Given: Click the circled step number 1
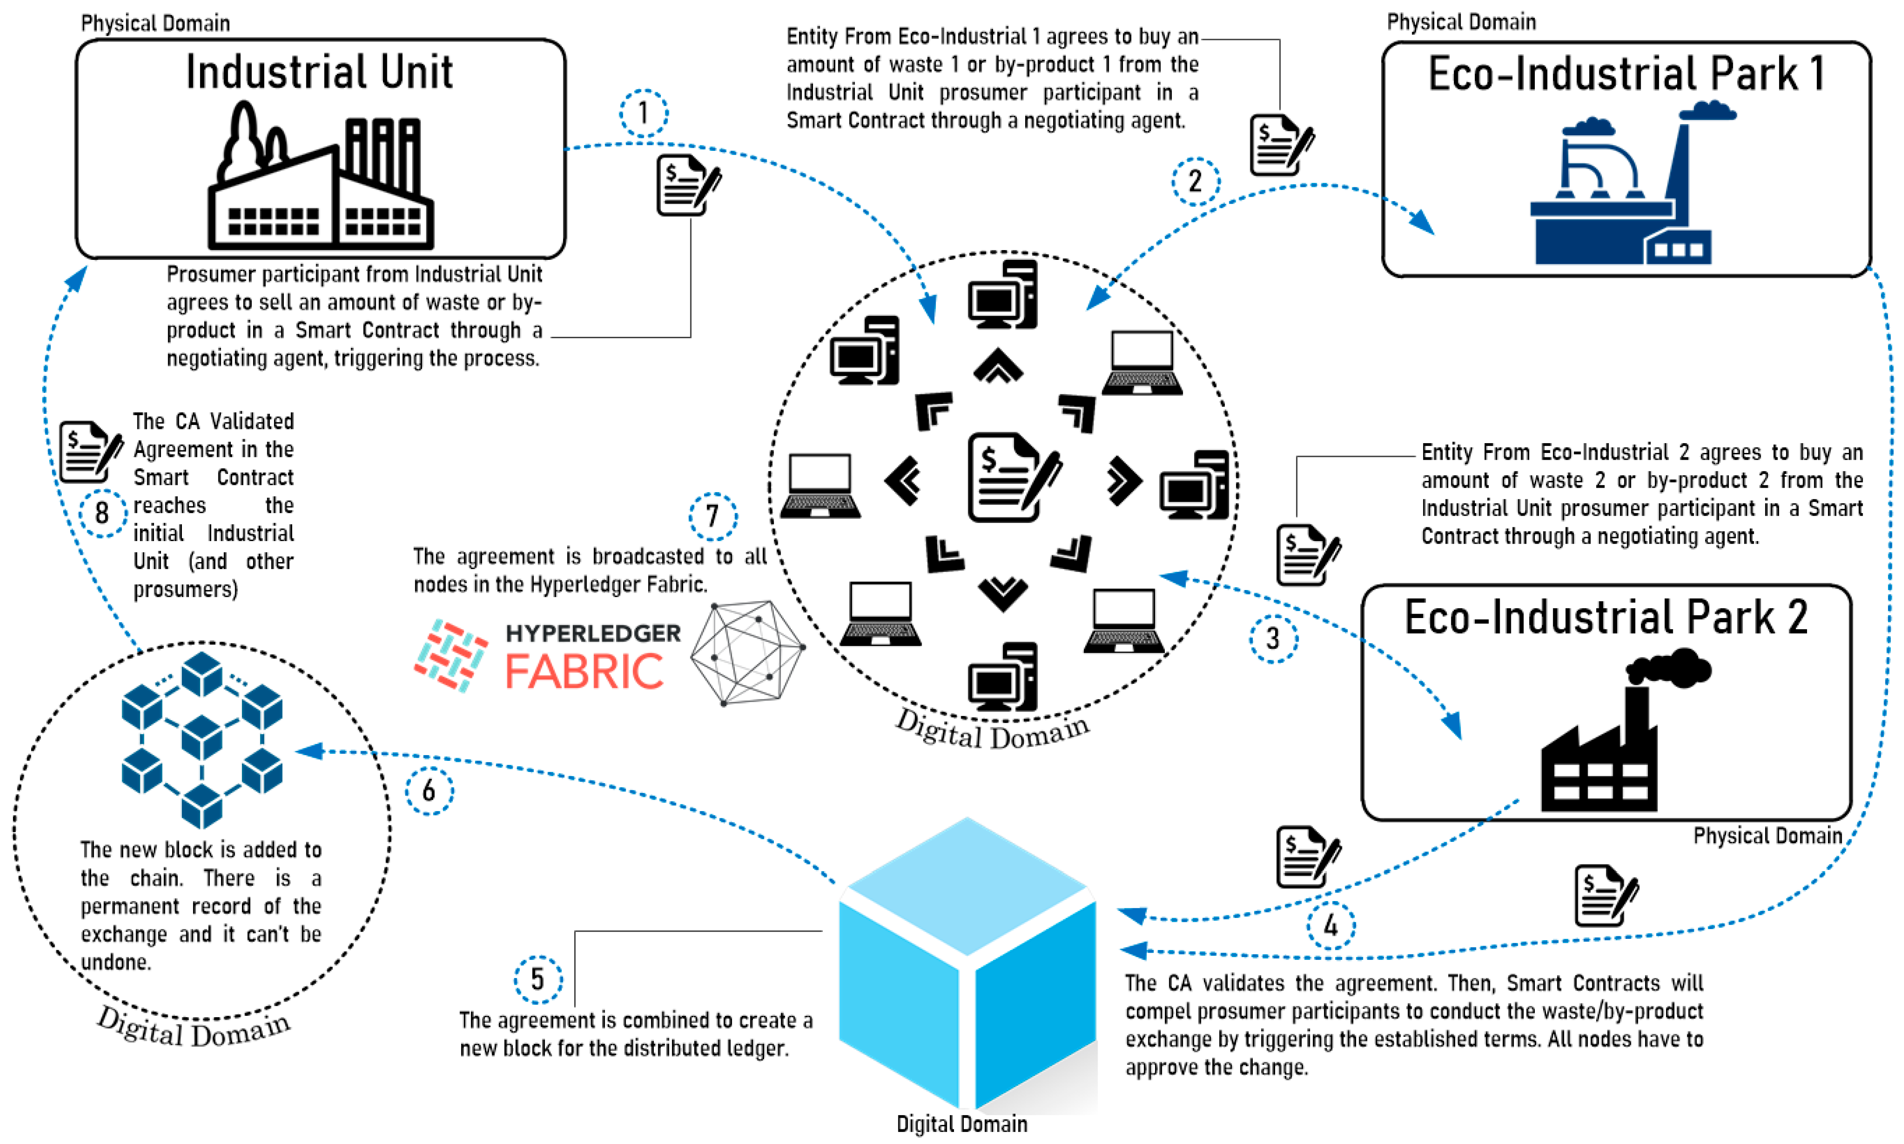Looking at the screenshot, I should pyautogui.click(x=644, y=114).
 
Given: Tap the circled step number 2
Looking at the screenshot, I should pyautogui.click(x=1195, y=182).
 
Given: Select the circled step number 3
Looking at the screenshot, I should pyautogui.click(x=1273, y=638).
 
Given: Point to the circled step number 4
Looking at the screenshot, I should pyautogui.click(x=1331, y=925).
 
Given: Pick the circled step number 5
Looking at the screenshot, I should pyautogui.click(x=538, y=980).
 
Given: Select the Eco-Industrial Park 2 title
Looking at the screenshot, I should pyautogui.click(x=1606, y=618).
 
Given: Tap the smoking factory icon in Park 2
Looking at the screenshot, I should pyautogui.click(x=1618, y=732).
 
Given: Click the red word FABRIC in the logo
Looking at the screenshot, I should pyautogui.click(x=584, y=671).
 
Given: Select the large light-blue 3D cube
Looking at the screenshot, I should pyautogui.click(x=967, y=964).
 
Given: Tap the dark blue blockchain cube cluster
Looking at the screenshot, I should pyautogui.click(x=202, y=739).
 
